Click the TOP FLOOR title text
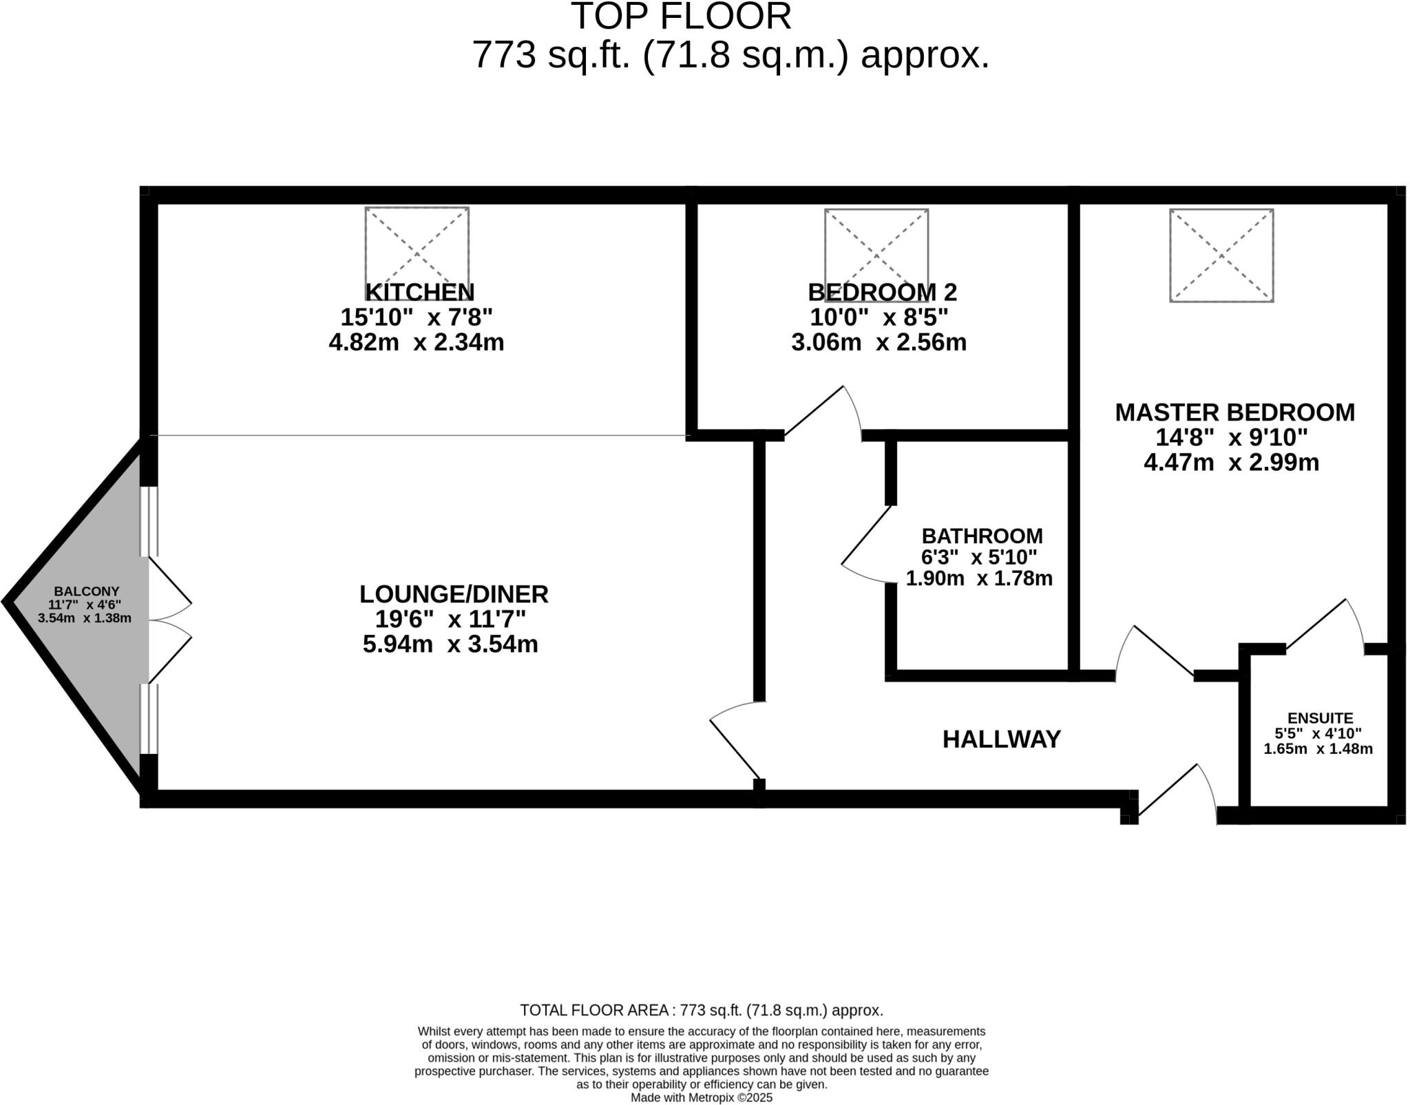click(681, 17)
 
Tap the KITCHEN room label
click(419, 292)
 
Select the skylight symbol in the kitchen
click(417, 244)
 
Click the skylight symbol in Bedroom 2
click(876, 246)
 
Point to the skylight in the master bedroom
click(1221, 255)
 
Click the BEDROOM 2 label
click(882, 292)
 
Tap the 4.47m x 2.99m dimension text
click(1231, 462)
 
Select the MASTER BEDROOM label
click(1234, 412)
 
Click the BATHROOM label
click(982, 536)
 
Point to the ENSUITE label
click(1320, 718)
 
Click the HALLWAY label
click(1001, 739)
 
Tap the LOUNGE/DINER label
click(454, 593)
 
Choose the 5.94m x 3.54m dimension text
click(450, 644)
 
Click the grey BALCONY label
click(87, 591)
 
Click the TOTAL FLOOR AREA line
click(701, 1010)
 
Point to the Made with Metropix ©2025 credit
click(701, 1097)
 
